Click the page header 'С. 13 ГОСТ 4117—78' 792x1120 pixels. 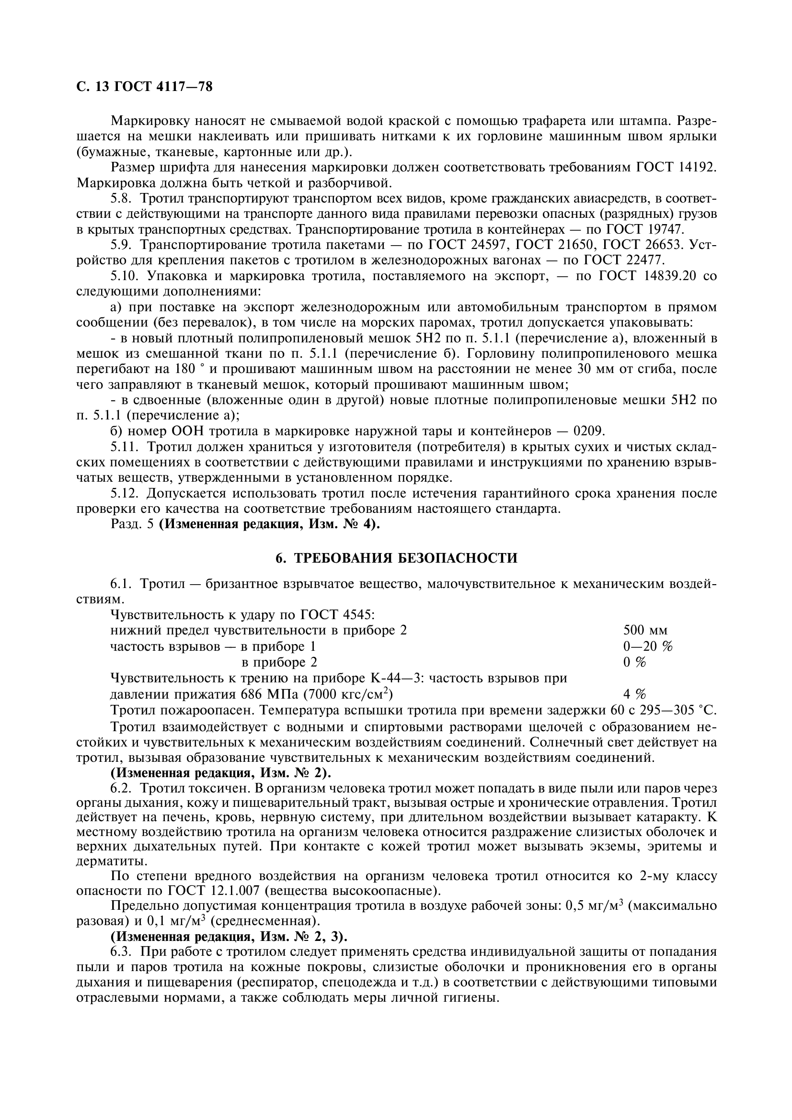[x=144, y=87]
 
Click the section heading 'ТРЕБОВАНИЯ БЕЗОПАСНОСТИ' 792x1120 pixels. [x=405, y=558]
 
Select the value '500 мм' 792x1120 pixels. [x=645, y=630]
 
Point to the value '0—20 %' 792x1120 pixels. [x=648, y=646]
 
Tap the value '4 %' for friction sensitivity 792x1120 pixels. [x=634, y=694]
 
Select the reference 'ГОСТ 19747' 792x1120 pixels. [x=645, y=229]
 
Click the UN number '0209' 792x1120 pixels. [x=589, y=431]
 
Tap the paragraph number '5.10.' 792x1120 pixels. [x=125, y=276]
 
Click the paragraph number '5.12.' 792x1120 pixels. [x=125, y=493]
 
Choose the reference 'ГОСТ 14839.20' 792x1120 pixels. [x=649, y=276]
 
